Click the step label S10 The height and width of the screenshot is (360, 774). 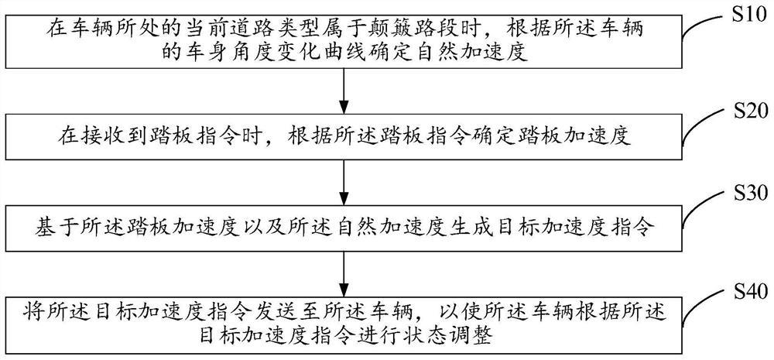742,13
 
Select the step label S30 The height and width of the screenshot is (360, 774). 742,194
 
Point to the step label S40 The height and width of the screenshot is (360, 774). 742,292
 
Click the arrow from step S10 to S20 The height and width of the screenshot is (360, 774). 344,90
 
